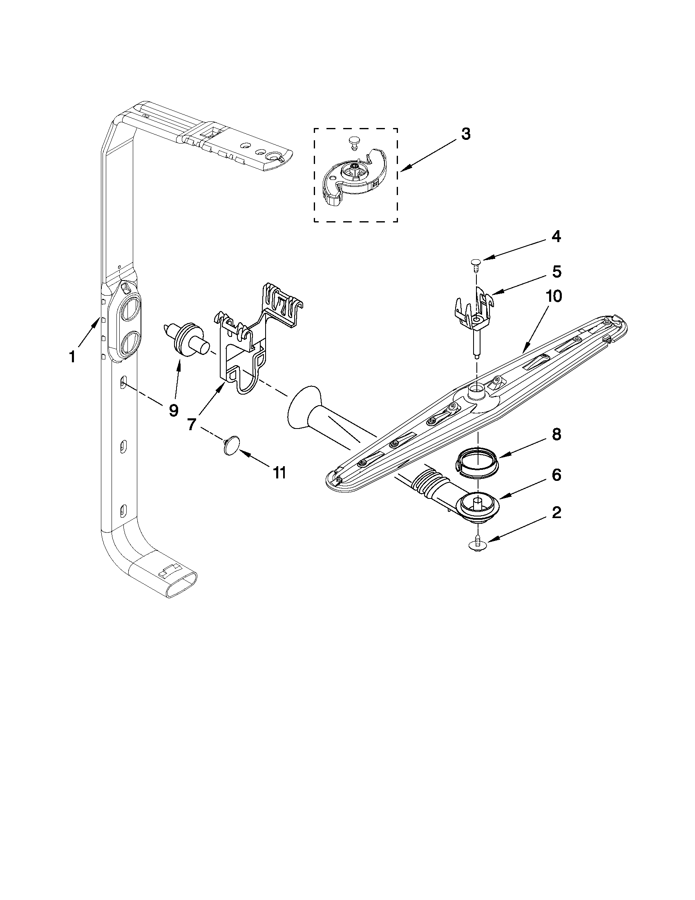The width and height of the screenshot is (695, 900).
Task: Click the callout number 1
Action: click(x=72, y=357)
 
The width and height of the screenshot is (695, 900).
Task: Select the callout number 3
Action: click(x=465, y=135)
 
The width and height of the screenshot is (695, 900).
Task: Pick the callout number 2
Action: click(x=556, y=513)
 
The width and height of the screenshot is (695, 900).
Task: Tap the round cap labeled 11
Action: click(x=232, y=445)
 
